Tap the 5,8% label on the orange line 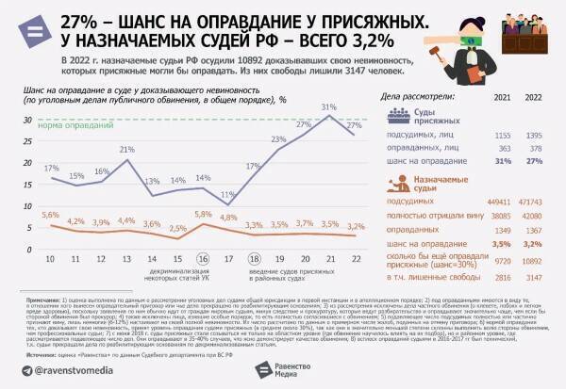point(202,215)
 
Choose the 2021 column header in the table point(503,97)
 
